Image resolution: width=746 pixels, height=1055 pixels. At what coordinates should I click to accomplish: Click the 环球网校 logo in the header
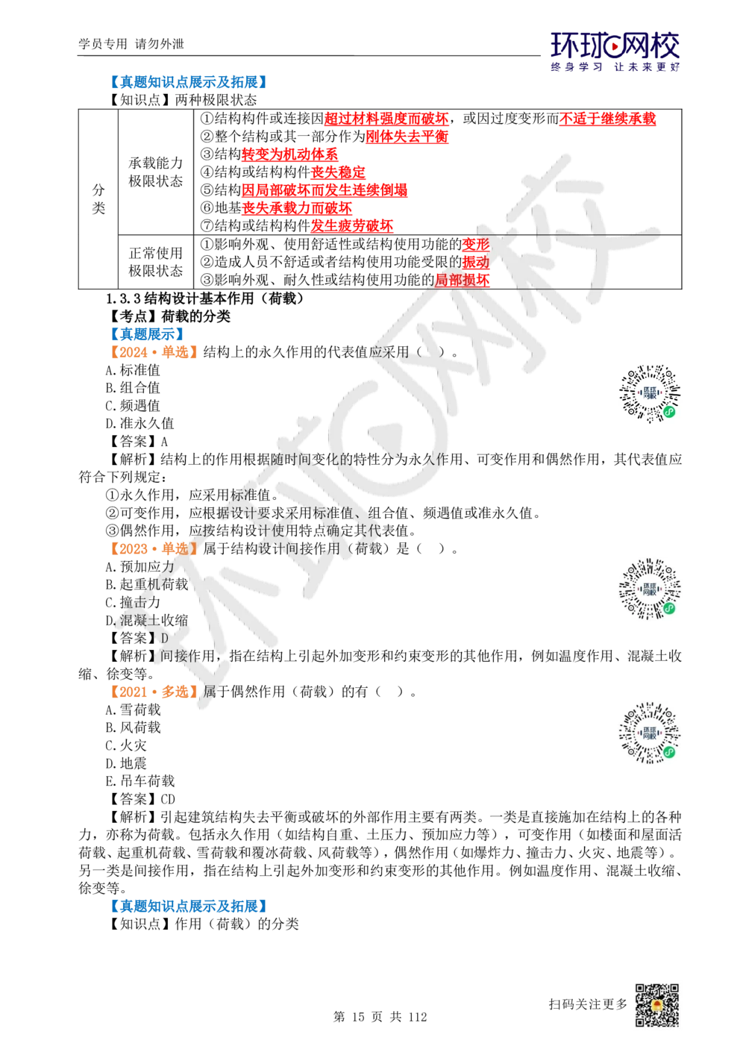click(x=615, y=51)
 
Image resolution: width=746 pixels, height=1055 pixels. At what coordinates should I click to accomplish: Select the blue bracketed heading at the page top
click(x=188, y=81)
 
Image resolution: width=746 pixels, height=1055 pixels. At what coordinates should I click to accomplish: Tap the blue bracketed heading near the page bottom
click(x=188, y=905)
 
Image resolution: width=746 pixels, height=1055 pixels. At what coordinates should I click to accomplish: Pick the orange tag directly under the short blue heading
click(x=152, y=351)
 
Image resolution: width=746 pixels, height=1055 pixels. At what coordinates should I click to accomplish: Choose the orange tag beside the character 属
click(x=153, y=691)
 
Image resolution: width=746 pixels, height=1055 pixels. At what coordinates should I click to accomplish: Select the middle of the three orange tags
click(x=153, y=548)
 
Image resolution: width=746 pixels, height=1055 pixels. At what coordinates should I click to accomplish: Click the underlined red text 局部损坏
click(x=463, y=280)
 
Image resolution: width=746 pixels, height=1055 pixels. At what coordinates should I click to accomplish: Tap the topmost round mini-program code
click(x=650, y=394)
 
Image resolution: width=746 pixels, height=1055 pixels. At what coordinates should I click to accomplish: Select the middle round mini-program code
click(x=650, y=591)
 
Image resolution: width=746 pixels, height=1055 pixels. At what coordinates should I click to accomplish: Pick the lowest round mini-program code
click(x=650, y=734)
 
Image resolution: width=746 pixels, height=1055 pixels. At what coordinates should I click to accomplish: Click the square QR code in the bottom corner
click(x=656, y=1005)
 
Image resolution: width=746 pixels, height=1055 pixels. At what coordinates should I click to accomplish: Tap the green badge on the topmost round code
click(x=669, y=411)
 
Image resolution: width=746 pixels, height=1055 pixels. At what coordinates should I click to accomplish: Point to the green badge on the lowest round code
click(x=669, y=751)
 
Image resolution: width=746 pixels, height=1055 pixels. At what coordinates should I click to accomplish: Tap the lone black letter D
click(x=165, y=639)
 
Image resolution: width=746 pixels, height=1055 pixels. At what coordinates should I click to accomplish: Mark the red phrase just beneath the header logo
click(x=606, y=119)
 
